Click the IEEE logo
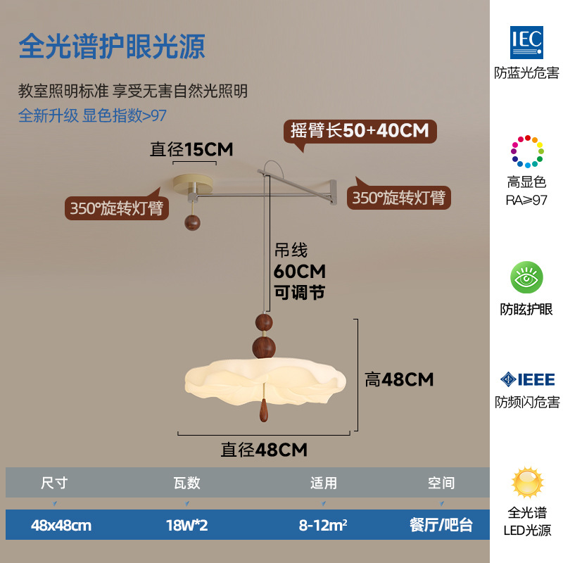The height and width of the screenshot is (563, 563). [526, 380]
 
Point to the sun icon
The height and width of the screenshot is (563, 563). [526, 483]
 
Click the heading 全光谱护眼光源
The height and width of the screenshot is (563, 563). [111, 46]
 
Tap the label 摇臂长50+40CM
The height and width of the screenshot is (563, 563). [360, 131]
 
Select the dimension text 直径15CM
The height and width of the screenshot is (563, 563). [191, 149]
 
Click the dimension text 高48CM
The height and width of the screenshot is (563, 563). [398, 380]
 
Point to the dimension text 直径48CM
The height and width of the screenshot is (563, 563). [264, 450]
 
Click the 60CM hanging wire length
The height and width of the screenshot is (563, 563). [300, 271]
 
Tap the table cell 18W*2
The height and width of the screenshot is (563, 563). [187, 525]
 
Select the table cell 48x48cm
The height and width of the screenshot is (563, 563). [61, 525]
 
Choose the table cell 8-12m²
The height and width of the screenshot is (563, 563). [323, 525]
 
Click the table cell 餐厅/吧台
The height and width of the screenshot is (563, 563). [441, 525]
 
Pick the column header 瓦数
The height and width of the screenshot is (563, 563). [187, 483]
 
